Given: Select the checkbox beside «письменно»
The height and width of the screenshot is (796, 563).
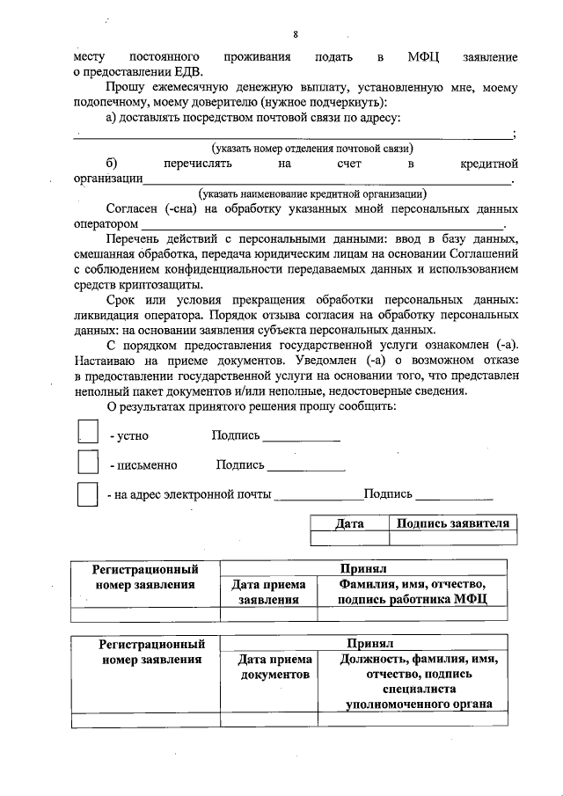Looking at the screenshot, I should tap(88, 463).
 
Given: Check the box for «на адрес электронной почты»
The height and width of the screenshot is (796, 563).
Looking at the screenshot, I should tap(88, 493).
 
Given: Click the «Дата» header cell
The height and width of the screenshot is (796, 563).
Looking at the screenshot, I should tap(350, 523).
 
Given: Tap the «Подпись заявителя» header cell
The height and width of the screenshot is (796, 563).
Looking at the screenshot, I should tap(453, 523).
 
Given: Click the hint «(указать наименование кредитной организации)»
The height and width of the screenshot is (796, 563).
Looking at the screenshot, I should tap(312, 193).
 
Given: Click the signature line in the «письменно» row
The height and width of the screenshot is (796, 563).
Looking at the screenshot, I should tap(306, 470).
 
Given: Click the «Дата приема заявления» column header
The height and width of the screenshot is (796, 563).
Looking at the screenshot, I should tap(268, 591).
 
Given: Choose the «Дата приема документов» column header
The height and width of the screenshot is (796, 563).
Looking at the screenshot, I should tap(274, 667).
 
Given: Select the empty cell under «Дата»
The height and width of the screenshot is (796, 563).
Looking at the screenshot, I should tap(350, 538).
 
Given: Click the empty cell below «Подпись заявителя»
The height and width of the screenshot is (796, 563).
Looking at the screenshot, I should tap(453, 538).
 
